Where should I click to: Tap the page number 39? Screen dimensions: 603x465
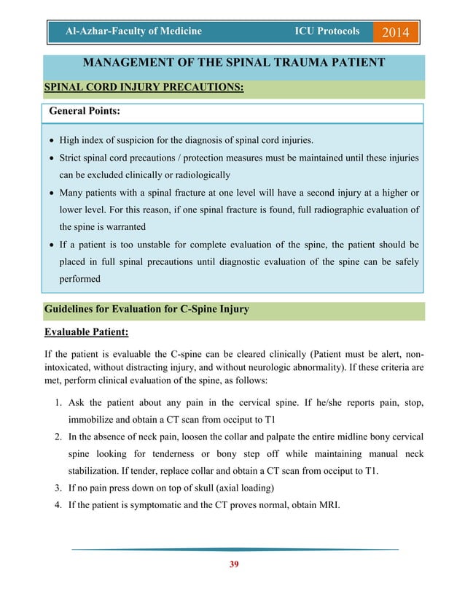(232, 564)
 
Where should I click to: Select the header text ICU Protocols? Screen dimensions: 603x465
(327, 31)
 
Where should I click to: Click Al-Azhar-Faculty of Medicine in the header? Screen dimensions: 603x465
(133, 31)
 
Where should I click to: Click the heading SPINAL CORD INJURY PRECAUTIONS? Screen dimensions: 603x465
(144, 88)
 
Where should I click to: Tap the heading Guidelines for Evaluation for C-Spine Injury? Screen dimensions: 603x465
(146, 309)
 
